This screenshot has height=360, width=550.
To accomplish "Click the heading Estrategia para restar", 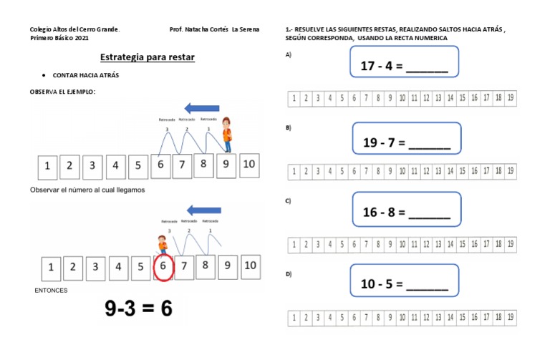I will pyautogui.click(x=147, y=57).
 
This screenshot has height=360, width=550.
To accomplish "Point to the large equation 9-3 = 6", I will pyautogui.click(x=138, y=308).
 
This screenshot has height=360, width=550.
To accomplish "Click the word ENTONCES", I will pyautogui.click(x=51, y=291).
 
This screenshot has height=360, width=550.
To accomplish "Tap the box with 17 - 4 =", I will pyautogui.click(x=404, y=62).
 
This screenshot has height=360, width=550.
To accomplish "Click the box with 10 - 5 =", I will pyautogui.click(x=404, y=281).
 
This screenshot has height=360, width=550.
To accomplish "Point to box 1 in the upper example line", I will pyautogui.click(x=47, y=167).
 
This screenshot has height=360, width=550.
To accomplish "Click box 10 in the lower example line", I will pyautogui.click(x=249, y=266).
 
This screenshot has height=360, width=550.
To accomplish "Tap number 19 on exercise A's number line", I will pyautogui.click(x=510, y=98).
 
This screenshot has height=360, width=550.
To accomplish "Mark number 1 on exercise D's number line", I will pyautogui.click(x=294, y=317).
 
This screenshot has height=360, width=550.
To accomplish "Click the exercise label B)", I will pyautogui.click(x=288, y=127).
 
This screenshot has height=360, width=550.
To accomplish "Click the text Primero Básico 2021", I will pyautogui.click(x=59, y=38).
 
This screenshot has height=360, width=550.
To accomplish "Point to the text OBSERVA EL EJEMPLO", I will pyautogui.click(x=62, y=92).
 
